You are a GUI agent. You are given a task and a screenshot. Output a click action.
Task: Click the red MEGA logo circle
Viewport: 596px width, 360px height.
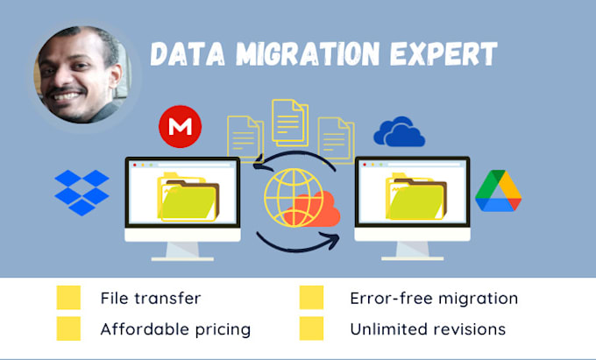(x=181, y=127)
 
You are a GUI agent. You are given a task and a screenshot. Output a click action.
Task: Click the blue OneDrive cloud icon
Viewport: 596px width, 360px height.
(x=399, y=131)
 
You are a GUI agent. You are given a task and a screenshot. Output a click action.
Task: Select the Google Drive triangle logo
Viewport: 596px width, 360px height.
(x=498, y=191)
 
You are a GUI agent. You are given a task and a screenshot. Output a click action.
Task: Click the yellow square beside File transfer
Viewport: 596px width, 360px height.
(x=68, y=298)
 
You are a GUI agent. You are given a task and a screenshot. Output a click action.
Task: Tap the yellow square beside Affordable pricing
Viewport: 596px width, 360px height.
(x=68, y=328)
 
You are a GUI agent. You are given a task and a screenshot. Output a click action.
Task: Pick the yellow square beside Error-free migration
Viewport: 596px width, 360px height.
(x=311, y=298)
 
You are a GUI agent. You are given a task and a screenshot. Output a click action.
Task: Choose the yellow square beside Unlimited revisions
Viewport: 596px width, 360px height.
(x=311, y=328)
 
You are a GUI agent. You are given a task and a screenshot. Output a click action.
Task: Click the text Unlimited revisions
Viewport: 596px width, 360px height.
(x=427, y=329)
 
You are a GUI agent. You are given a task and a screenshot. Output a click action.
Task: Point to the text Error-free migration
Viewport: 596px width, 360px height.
(x=433, y=298)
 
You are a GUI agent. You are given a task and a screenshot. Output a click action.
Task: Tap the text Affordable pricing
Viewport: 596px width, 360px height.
(x=175, y=329)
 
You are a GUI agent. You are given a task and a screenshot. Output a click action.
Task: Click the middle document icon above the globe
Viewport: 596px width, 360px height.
(x=289, y=123)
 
